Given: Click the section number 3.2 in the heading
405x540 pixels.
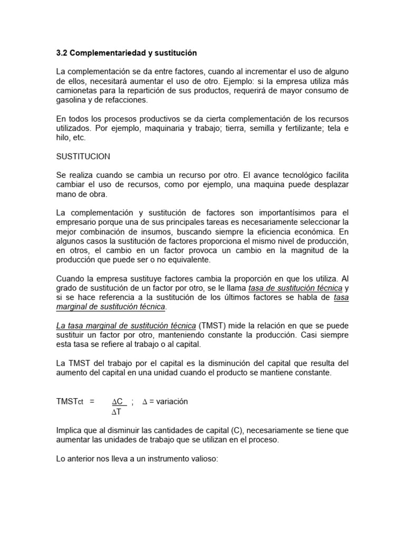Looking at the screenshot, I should [62, 53].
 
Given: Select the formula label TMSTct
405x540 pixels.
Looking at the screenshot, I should [70, 401].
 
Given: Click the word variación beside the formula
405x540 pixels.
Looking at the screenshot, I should [171, 401].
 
